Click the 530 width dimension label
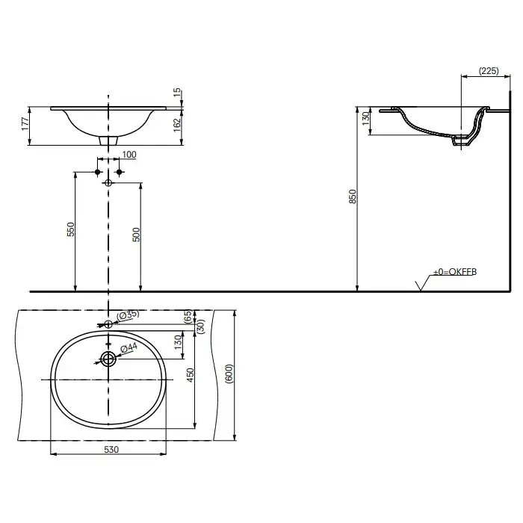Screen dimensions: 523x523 (x=111, y=450)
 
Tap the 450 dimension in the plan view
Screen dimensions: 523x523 (x=190, y=375)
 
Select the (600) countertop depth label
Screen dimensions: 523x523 (x=229, y=374)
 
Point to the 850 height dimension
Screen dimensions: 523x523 (x=353, y=196)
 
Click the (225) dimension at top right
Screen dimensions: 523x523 (x=489, y=71)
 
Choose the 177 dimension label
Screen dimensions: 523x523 (x=25, y=124)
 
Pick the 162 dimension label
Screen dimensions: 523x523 (x=177, y=125)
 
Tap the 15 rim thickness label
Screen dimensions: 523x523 (x=177, y=92)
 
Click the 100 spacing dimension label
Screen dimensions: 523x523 (x=129, y=155)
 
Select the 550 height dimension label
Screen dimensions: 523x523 (x=71, y=229)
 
